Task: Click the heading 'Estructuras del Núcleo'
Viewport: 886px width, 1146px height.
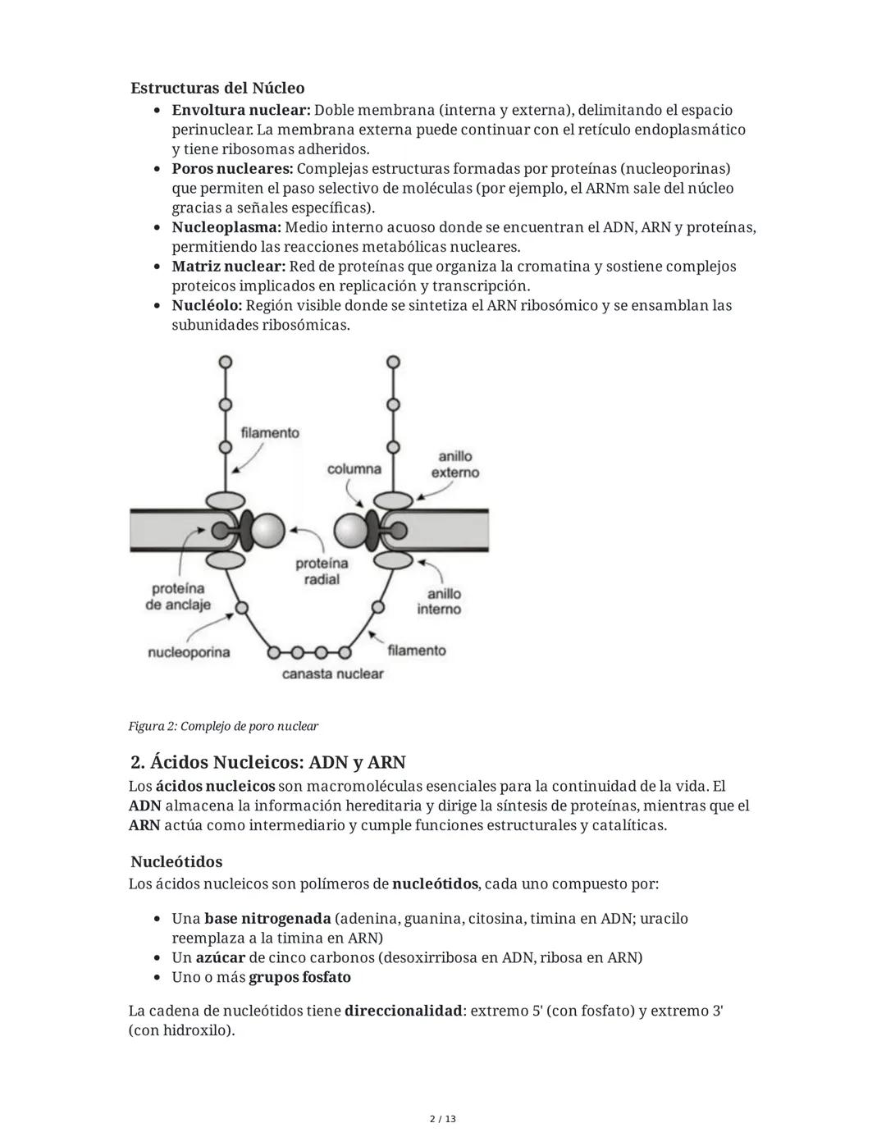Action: [x=217, y=88]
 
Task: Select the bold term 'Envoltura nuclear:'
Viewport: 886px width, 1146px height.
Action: [x=240, y=110]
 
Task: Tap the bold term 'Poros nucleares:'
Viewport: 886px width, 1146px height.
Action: [x=233, y=169]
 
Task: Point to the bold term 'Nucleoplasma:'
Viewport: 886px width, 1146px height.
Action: [x=226, y=227]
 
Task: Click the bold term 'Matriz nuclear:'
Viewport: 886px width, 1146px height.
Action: [x=228, y=267]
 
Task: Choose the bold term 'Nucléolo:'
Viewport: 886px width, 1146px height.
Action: [x=207, y=305]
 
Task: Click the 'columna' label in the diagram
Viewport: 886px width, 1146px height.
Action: [x=354, y=469]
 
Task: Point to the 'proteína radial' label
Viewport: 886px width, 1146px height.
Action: [x=322, y=571]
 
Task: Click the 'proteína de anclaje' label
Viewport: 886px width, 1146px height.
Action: [x=178, y=596]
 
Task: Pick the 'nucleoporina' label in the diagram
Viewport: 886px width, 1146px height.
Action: [x=189, y=652]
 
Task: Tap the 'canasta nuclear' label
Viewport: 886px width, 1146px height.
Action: [x=332, y=673]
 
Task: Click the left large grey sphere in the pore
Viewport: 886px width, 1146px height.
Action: [x=267, y=531]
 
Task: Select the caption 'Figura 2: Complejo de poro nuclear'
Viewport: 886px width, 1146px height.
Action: [x=223, y=726]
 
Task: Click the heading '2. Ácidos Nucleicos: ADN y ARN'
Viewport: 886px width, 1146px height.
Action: [x=267, y=762]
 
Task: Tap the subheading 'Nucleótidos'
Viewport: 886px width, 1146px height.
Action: [x=176, y=862]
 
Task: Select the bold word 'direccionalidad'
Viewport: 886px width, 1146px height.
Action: [x=403, y=1011]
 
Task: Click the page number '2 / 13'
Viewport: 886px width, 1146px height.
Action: [x=443, y=1119]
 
